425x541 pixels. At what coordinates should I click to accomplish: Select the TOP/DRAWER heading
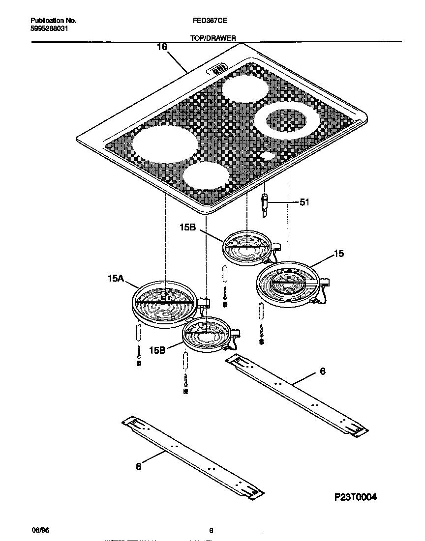pyautogui.click(x=212, y=38)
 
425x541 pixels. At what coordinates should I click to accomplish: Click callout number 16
pyautogui.click(x=162, y=47)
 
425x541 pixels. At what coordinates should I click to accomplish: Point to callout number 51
pyautogui.click(x=304, y=202)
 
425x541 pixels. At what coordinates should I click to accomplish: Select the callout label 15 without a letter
pyautogui.click(x=338, y=254)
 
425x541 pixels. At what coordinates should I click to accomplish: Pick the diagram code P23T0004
pyautogui.click(x=356, y=497)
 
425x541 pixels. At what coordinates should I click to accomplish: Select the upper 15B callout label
pyautogui.click(x=189, y=228)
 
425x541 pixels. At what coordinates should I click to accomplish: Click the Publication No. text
pyautogui.click(x=53, y=21)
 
